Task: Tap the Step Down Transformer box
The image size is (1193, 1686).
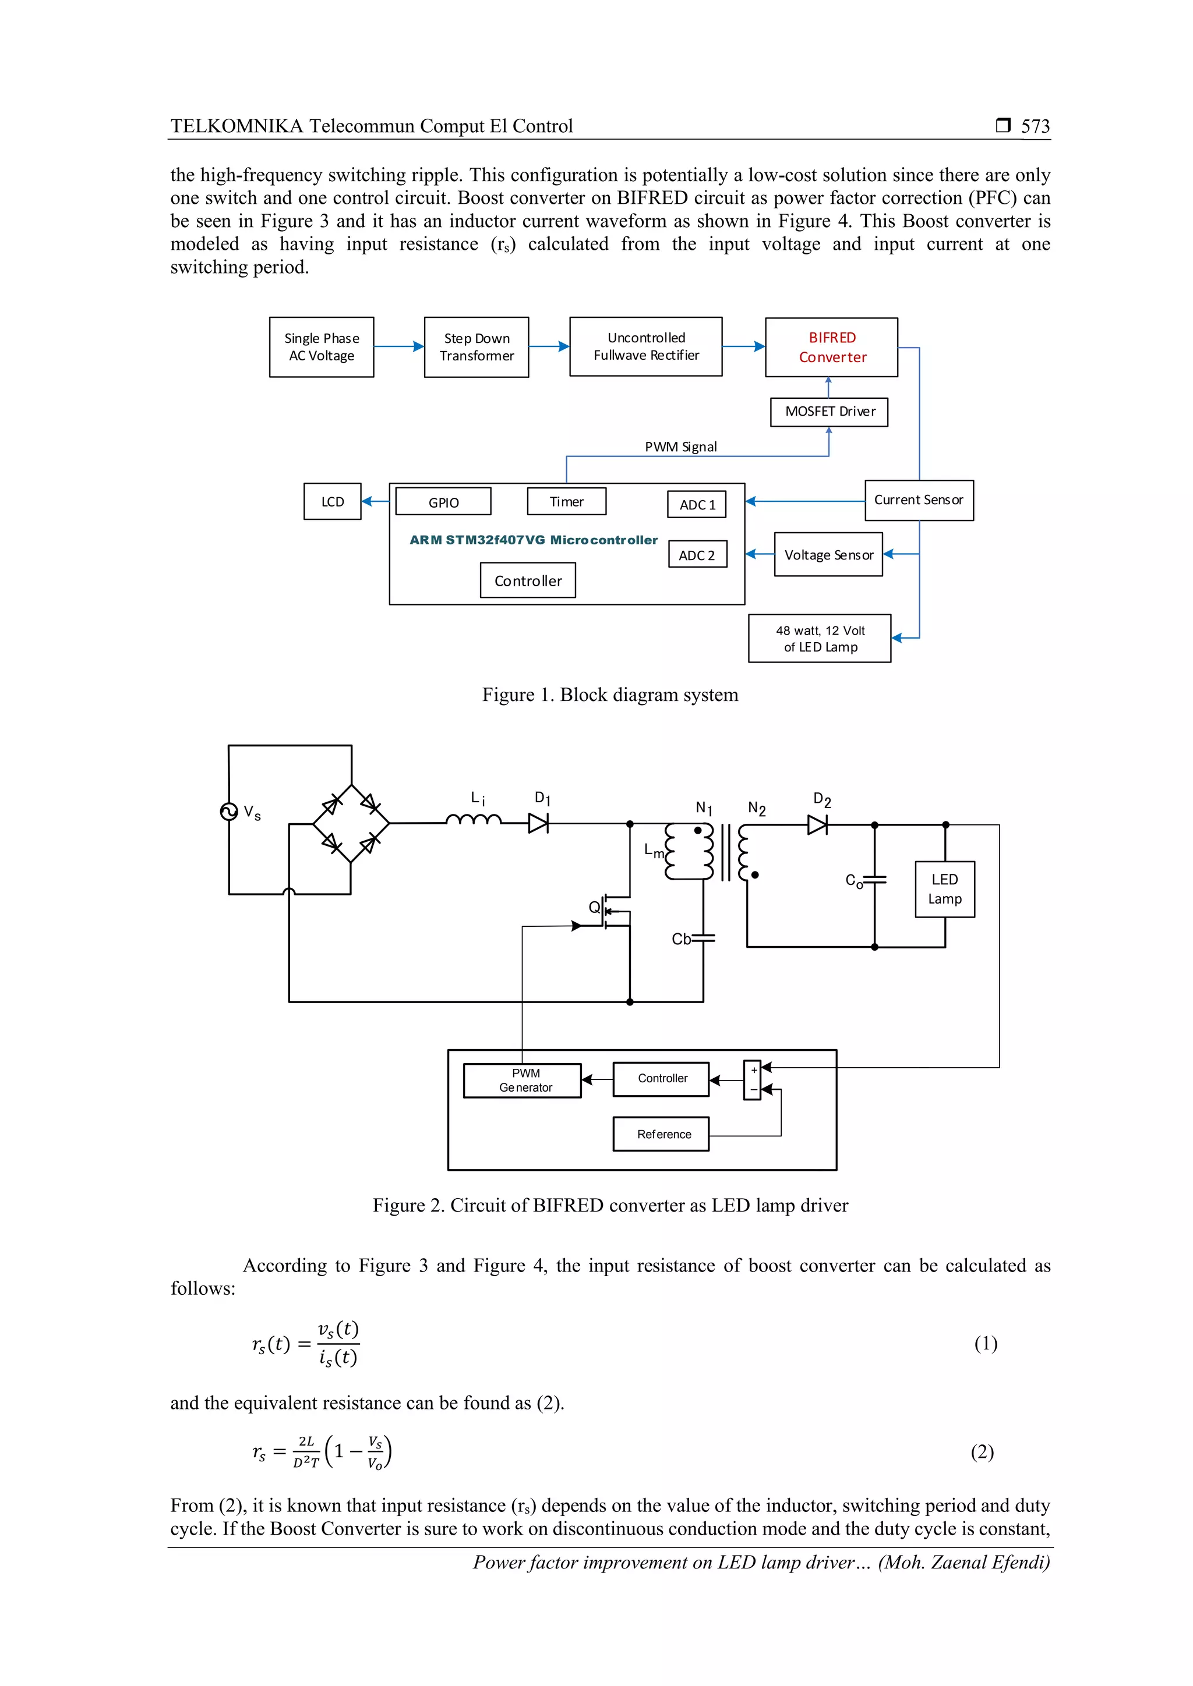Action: point(476,348)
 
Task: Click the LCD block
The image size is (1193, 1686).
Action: point(332,501)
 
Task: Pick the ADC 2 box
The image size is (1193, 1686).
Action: point(697,554)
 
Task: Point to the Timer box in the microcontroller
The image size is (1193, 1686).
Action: point(566,501)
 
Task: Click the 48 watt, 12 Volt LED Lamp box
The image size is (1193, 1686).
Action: point(819,638)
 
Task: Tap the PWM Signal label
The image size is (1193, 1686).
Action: point(680,447)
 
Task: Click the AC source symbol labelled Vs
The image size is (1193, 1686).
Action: point(228,812)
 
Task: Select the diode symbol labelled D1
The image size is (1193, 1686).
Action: point(538,824)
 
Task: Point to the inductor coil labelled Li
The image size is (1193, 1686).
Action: point(474,820)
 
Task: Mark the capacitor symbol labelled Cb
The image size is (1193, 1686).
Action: point(703,938)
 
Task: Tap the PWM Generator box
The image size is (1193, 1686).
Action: point(523,1080)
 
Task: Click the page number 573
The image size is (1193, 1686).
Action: point(1035,126)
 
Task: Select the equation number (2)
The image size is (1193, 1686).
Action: point(982,1452)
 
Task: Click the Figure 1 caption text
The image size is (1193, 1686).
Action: point(610,695)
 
